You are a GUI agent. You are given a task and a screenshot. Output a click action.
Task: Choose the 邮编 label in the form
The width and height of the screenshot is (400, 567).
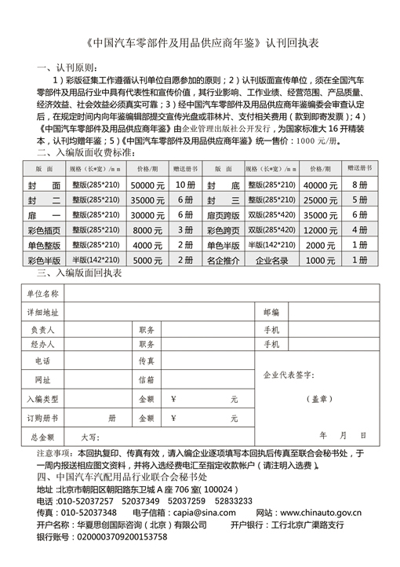pos(271,312)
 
